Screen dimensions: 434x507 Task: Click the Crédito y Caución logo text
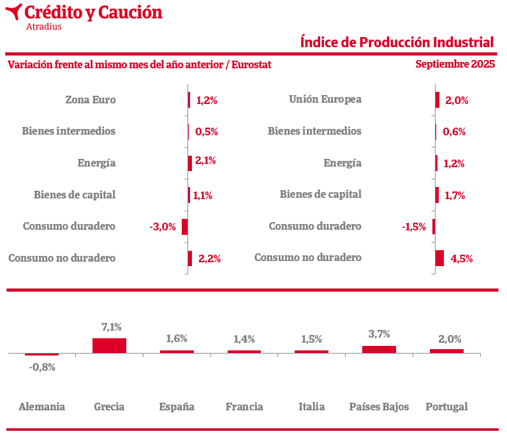[x=92, y=12]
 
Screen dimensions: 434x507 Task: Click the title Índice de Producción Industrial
[x=397, y=42]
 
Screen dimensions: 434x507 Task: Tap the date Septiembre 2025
[x=455, y=64]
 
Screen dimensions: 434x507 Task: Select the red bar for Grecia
[x=109, y=345]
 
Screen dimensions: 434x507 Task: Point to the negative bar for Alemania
[x=41, y=354]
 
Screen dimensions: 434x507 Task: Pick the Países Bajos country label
[x=379, y=407]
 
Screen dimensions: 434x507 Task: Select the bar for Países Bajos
[x=379, y=349]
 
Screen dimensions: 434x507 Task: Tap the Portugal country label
[x=446, y=407]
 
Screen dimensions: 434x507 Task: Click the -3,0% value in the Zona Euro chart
[x=163, y=227]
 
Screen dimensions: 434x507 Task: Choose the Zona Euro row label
[x=91, y=100]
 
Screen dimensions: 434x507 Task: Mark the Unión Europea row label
[x=325, y=99]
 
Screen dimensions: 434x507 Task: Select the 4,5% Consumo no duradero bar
[x=439, y=258]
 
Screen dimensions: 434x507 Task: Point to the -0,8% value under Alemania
[x=42, y=367]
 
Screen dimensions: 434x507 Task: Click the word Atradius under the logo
[x=44, y=27]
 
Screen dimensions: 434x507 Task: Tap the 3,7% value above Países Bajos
[x=379, y=334]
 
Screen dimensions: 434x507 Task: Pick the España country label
[x=177, y=407]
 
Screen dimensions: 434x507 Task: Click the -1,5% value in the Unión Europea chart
[x=414, y=227]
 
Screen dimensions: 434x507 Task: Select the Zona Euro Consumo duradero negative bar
[x=184, y=227]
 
